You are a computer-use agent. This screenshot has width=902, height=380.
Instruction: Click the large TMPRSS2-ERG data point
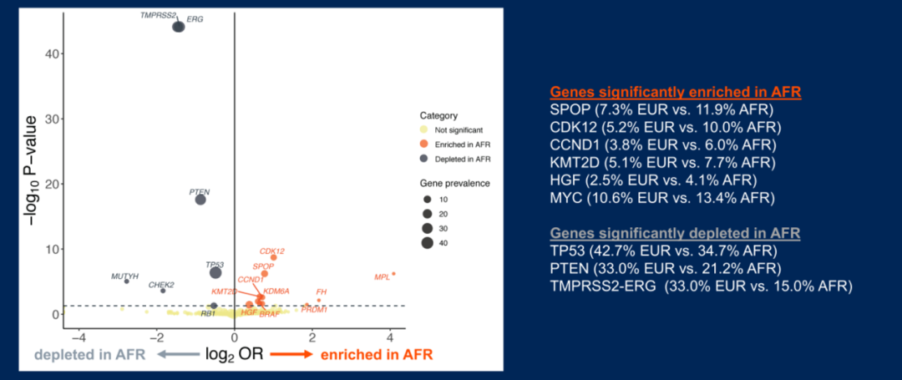pyautogui.click(x=179, y=27)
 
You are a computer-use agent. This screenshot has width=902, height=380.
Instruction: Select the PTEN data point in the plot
pyautogui.click(x=200, y=199)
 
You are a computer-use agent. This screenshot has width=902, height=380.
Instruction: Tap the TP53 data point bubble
pyautogui.click(x=215, y=272)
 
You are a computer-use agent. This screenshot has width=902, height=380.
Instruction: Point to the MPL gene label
pyautogui.click(x=382, y=276)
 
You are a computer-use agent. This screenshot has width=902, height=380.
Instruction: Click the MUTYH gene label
pyautogui.click(x=124, y=276)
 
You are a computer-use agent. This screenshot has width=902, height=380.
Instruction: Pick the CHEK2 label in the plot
pyautogui.click(x=161, y=285)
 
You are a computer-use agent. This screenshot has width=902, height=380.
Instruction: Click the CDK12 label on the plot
pyautogui.click(x=272, y=251)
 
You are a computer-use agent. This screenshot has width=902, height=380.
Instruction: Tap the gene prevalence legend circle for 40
pyautogui.click(x=427, y=242)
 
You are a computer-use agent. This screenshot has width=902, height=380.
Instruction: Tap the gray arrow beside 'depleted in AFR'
pyautogui.click(x=175, y=354)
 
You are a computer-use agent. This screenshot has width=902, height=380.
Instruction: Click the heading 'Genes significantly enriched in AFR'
pyautogui.click(x=675, y=93)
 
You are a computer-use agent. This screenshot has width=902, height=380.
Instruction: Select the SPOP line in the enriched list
pyautogui.click(x=661, y=110)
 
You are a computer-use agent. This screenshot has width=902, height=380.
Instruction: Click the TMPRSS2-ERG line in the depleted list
pyautogui.click(x=701, y=286)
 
